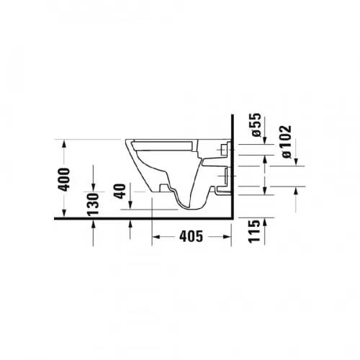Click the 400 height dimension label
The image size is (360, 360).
tap(64, 180)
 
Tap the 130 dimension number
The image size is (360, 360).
tap(93, 204)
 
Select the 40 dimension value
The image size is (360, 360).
tap(120, 191)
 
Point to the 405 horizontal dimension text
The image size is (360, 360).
tap(192, 236)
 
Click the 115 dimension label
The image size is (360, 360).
tap(254, 231)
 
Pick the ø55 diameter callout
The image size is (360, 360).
tap(256, 125)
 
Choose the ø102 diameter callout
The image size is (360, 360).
tap(287, 142)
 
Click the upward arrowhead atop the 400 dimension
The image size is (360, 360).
tap(63, 144)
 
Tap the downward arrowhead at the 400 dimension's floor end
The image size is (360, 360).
tap(64, 213)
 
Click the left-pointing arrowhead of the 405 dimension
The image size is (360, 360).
tap(156, 237)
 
